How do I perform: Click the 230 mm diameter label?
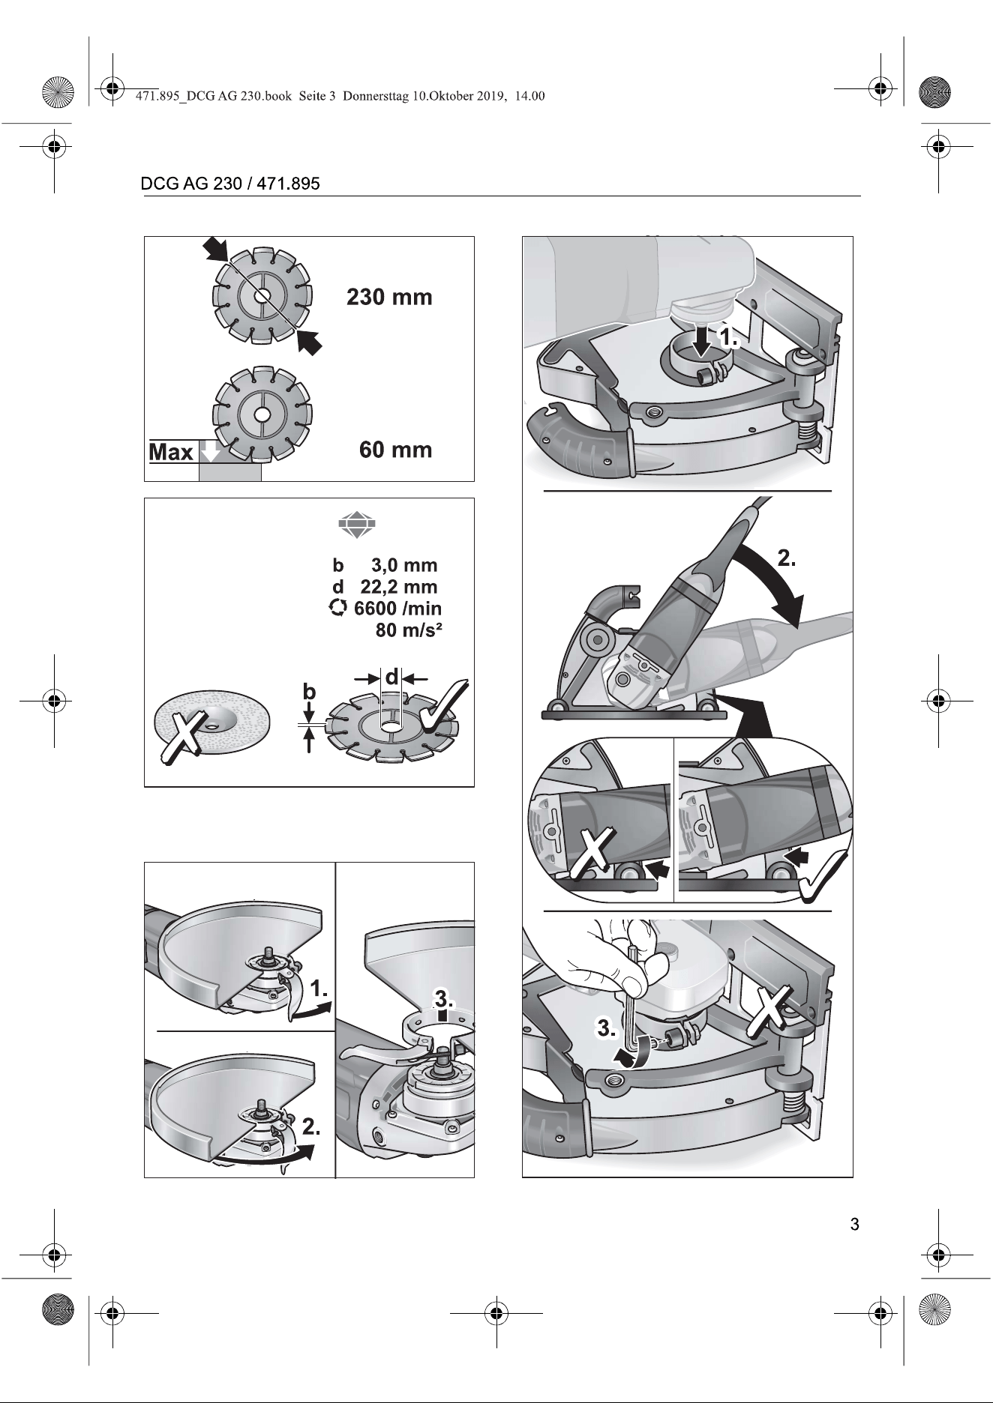point(389,298)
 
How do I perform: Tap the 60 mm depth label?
point(395,450)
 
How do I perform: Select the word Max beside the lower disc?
point(171,453)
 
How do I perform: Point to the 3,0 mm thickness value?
point(404,565)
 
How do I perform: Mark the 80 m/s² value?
point(409,630)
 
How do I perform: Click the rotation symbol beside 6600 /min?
point(339,609)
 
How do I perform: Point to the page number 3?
point(854,1225)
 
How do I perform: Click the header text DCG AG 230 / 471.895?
point(230,184)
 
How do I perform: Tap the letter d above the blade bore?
point(391,678)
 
